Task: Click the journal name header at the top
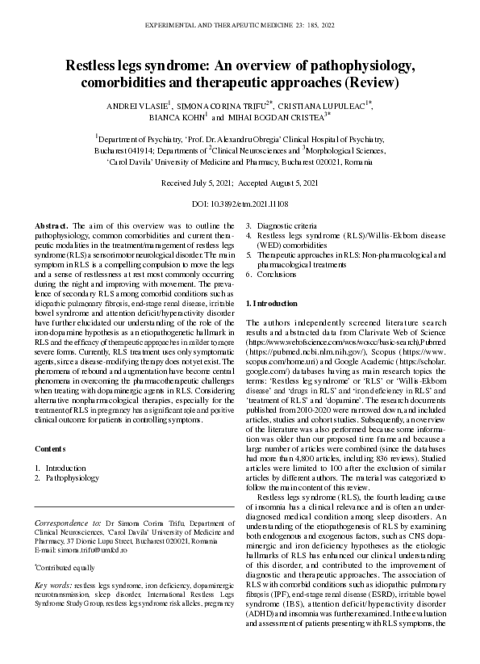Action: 240,26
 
